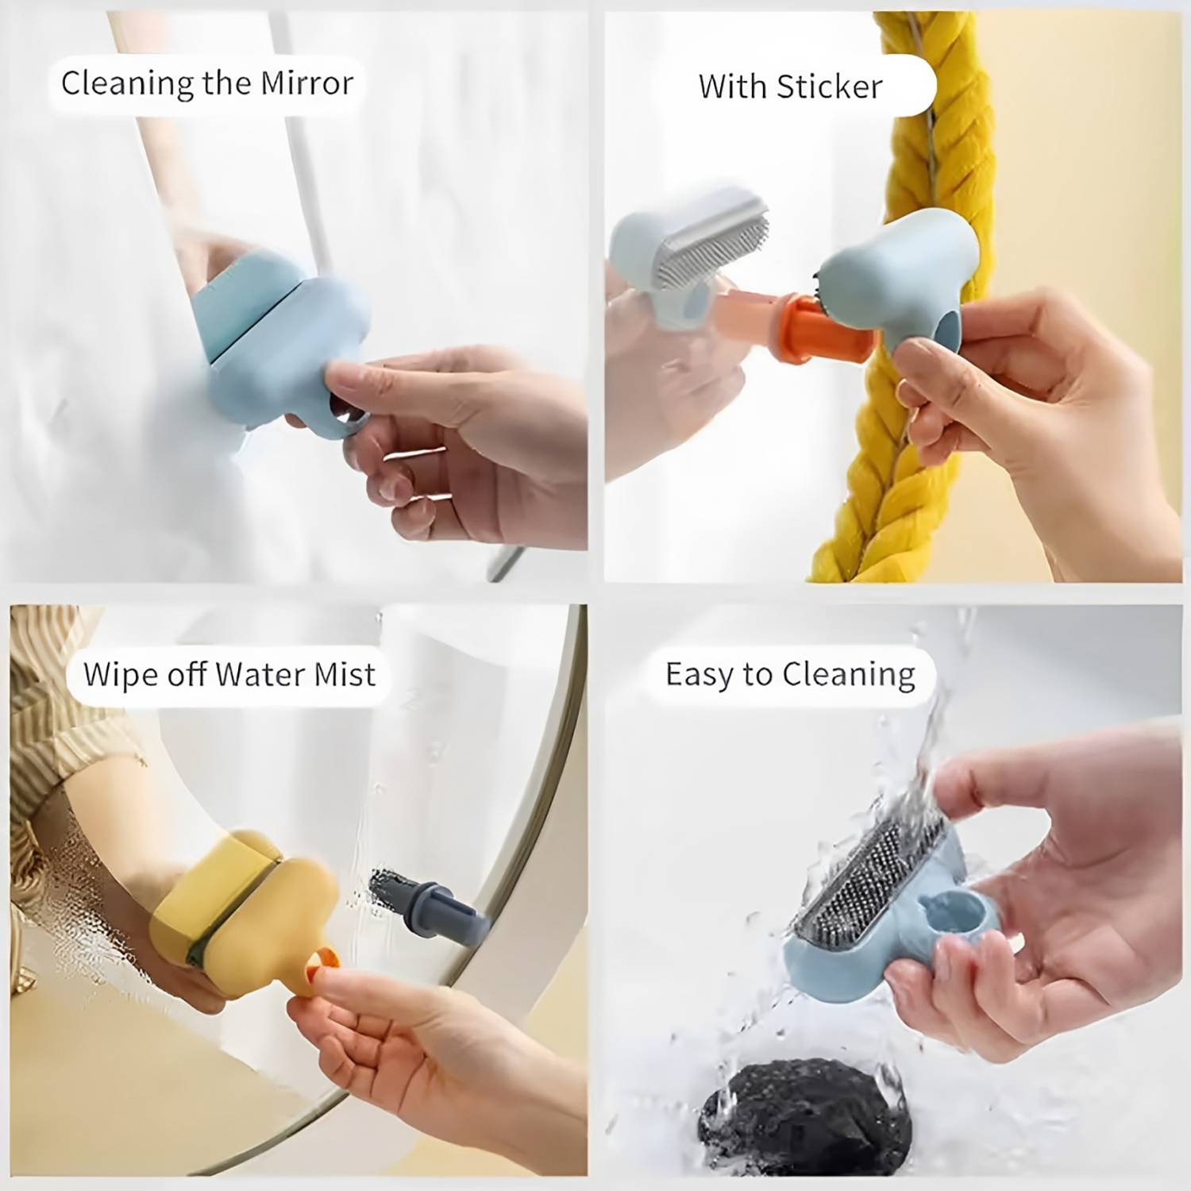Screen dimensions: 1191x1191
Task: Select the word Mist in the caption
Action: coord(344,675)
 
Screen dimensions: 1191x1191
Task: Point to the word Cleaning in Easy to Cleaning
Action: coord(848,675)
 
